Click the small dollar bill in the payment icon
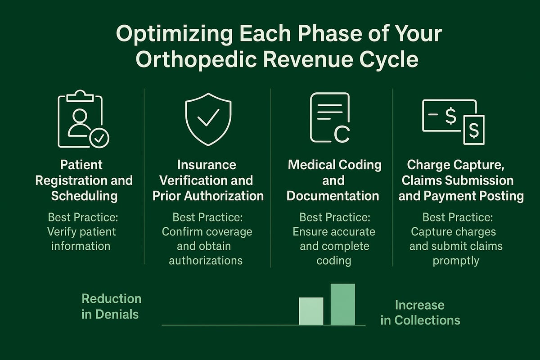(x=473, y=130)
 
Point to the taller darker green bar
(x=342, y=304)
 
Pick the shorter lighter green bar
(x=311, y=311)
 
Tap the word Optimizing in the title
(x=161, y=34)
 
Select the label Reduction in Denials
(x=111, y=306)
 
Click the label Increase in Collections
(x=420, y=312)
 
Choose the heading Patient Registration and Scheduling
(x=84, y=180)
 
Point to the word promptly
(x=456, y=261)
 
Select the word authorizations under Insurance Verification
(x=206, y=260)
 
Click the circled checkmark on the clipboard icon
(x=99, y=138)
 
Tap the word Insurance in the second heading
(x=207, y=165)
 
